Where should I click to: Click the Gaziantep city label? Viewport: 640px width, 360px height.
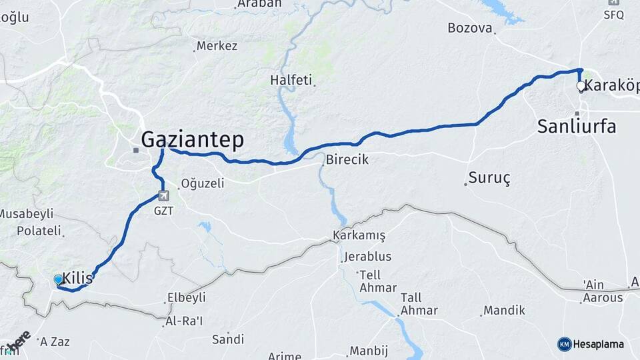(192, 139)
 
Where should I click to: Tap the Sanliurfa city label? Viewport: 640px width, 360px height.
(577, 127)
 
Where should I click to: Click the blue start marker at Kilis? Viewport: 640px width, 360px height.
(58, 280)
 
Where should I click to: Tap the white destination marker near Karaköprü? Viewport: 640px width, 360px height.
(581, 86)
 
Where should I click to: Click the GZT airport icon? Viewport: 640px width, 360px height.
(163, 195)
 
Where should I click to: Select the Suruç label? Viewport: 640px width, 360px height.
(489, 178)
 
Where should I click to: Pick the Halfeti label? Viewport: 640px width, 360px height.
(291, 80)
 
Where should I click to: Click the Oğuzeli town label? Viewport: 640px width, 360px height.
(204, 183)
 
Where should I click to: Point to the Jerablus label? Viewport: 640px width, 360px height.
(368, 257)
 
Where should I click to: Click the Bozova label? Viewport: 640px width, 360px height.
(470, 28)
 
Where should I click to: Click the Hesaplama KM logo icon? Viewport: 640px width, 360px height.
(564, 344)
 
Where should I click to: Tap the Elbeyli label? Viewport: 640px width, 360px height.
(186, 297)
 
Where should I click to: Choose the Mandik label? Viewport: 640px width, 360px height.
(504, 310)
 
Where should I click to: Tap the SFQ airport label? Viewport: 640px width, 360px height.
(613, 13)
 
